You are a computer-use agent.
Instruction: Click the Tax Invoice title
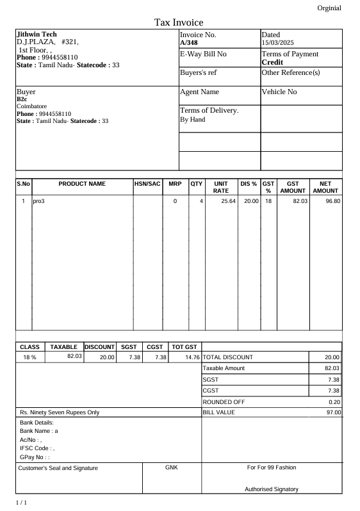click(x=179, y=23)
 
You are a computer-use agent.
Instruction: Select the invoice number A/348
click(x=189, y=42)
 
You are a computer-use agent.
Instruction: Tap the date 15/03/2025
click(x=277, y=42)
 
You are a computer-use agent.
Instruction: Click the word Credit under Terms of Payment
click(x=272, y=63)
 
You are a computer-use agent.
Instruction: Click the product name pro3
click(x=38, y=201)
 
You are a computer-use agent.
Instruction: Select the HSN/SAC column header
click(x=147, y=184)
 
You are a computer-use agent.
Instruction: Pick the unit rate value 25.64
click(x=228, y=201)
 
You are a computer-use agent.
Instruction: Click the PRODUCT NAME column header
click(x=82, y=184)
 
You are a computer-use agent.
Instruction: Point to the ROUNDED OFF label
click(x=224, y=401)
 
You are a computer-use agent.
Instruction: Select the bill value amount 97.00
click(x=333, y=412)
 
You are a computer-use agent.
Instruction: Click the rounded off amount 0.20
click(x=334, y=401)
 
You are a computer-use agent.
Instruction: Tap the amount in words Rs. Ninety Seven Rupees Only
click(x=60, y=412)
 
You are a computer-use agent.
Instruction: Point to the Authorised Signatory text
click(x=272, y=489)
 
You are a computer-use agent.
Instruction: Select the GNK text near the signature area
click(x=171, y=467)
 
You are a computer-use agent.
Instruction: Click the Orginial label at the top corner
click(x=329, y=8)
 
